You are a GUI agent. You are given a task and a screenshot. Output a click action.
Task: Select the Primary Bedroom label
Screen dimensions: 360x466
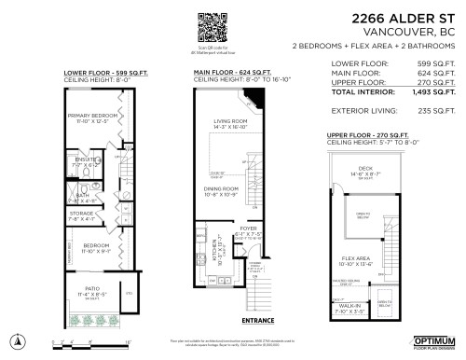point(91,115)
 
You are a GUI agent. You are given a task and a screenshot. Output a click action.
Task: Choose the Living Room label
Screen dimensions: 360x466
point(228,121)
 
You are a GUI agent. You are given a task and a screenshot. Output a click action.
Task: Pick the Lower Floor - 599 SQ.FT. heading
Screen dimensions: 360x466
point(98,72)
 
